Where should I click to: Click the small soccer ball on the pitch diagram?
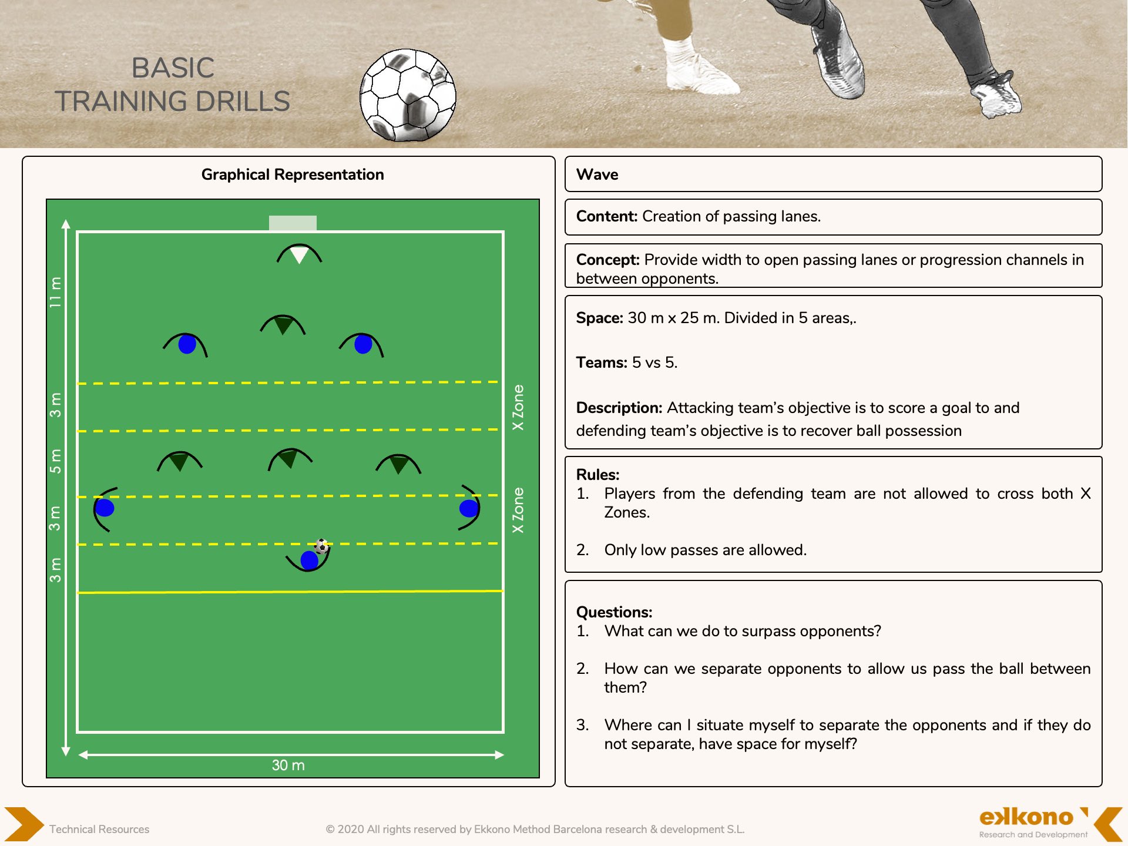[321, 546]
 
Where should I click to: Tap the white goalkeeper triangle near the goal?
[299, 254]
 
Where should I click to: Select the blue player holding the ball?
[309, 560]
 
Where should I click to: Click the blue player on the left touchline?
[105, 508]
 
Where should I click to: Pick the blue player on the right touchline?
[469, 508]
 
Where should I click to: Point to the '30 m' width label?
[288, 765]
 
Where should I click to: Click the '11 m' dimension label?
[55, 292]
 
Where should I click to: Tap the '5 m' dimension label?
[55, 461]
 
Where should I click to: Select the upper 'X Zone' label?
[518, 407]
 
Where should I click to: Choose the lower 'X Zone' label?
[518, 510]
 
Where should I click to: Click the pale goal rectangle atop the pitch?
[293, 223]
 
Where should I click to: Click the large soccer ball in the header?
[408, 95]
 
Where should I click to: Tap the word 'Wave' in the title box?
[597, 174]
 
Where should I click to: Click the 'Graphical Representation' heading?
[293, 174]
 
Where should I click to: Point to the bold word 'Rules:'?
[597, 475]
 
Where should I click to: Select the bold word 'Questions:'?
[614, 612]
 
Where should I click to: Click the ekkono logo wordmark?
[1026, 817]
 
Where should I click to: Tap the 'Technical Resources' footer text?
[99, 829]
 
